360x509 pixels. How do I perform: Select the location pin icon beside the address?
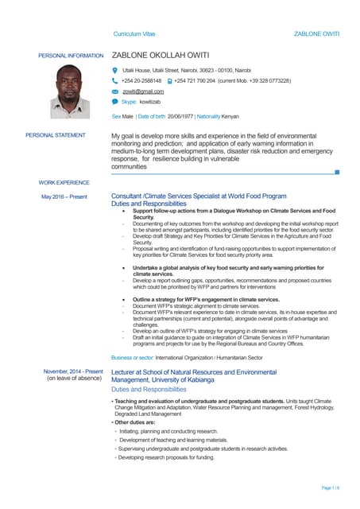[115, 71]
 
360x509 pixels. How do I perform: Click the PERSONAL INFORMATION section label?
[71, 56]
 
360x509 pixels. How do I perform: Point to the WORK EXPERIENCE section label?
[64, 183]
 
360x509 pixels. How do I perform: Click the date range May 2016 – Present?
[64, 196]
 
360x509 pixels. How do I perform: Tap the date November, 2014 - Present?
[73, 371]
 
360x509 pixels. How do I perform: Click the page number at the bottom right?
[331, 487]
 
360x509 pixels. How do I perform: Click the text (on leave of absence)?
[74, 379]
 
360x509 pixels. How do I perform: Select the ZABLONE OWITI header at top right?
[316, 34]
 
